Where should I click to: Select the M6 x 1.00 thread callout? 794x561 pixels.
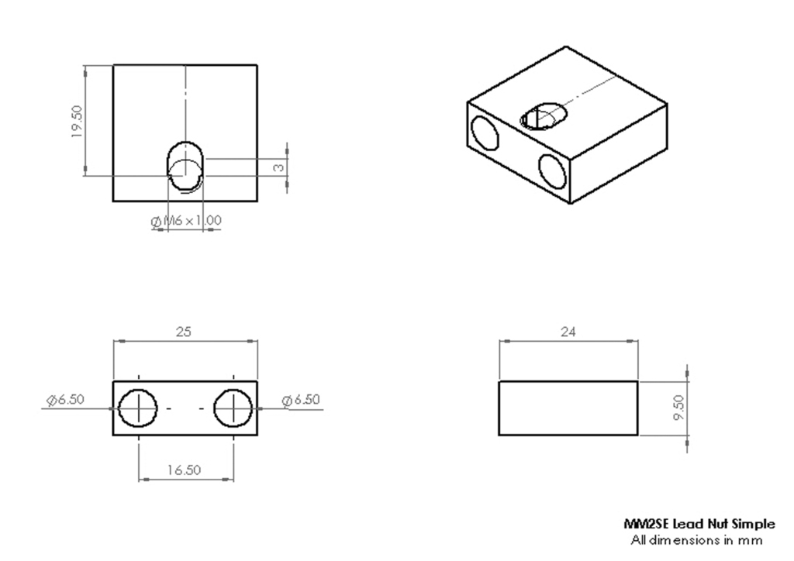click(x=187, y=221)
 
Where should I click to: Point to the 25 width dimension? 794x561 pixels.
click(x=185, y=331)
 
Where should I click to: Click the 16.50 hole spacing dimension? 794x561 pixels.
click(x=185, y=470)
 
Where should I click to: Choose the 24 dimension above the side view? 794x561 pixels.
click(x=569, y=331)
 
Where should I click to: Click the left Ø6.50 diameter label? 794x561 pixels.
click(x=65, y=400)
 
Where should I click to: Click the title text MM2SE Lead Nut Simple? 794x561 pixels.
click(x=699, y=524)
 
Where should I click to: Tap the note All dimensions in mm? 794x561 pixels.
click(x=699, y=539)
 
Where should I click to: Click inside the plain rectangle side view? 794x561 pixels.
click(x=569, y=408)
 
